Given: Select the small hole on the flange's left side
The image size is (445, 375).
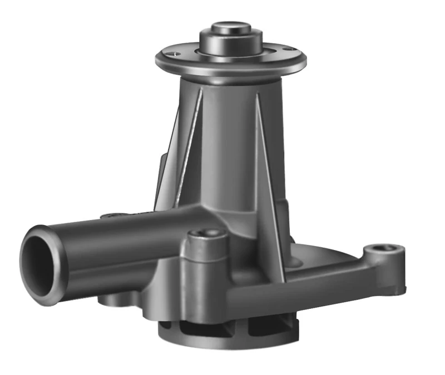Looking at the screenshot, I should pyautogui.click(x=176, y=54).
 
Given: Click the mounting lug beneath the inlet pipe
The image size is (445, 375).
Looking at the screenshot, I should pyautogui.click(x=114, y=300).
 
